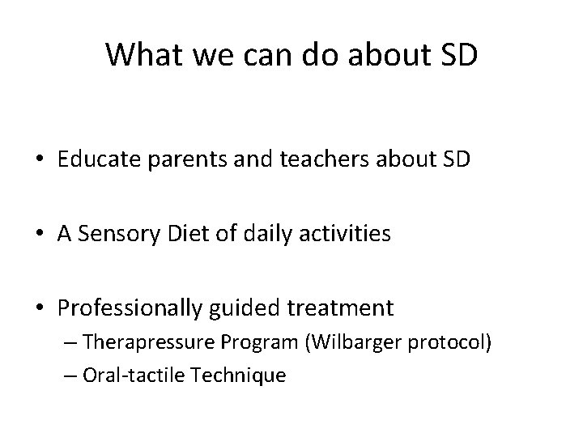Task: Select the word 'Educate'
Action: click(92, 160)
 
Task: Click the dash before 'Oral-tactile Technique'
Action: click(67, 375)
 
